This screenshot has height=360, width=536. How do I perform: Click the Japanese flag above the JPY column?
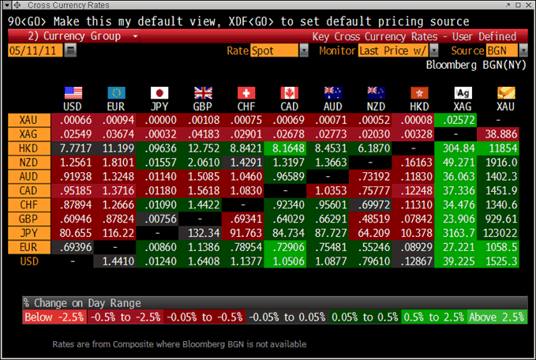pyautogui.click(x=159, y=92)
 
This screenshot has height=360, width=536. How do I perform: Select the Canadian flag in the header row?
pyautogui.click(x=289, y=92)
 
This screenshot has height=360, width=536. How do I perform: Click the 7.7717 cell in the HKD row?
pyautogui.click(x=73, y=148)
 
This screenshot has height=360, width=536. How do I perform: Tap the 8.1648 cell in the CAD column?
pyautogui.click(x=289, y=148)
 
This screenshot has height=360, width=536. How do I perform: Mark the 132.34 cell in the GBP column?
pyautogui.click(x=203, y=233)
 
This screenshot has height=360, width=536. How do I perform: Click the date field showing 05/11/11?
pyautogui.click(x=34, y=51)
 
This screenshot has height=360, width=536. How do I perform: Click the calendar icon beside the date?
pyautogui.click(x=71, y=51)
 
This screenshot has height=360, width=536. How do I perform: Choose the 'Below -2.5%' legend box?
pyautogui.click(x=54, y=317)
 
